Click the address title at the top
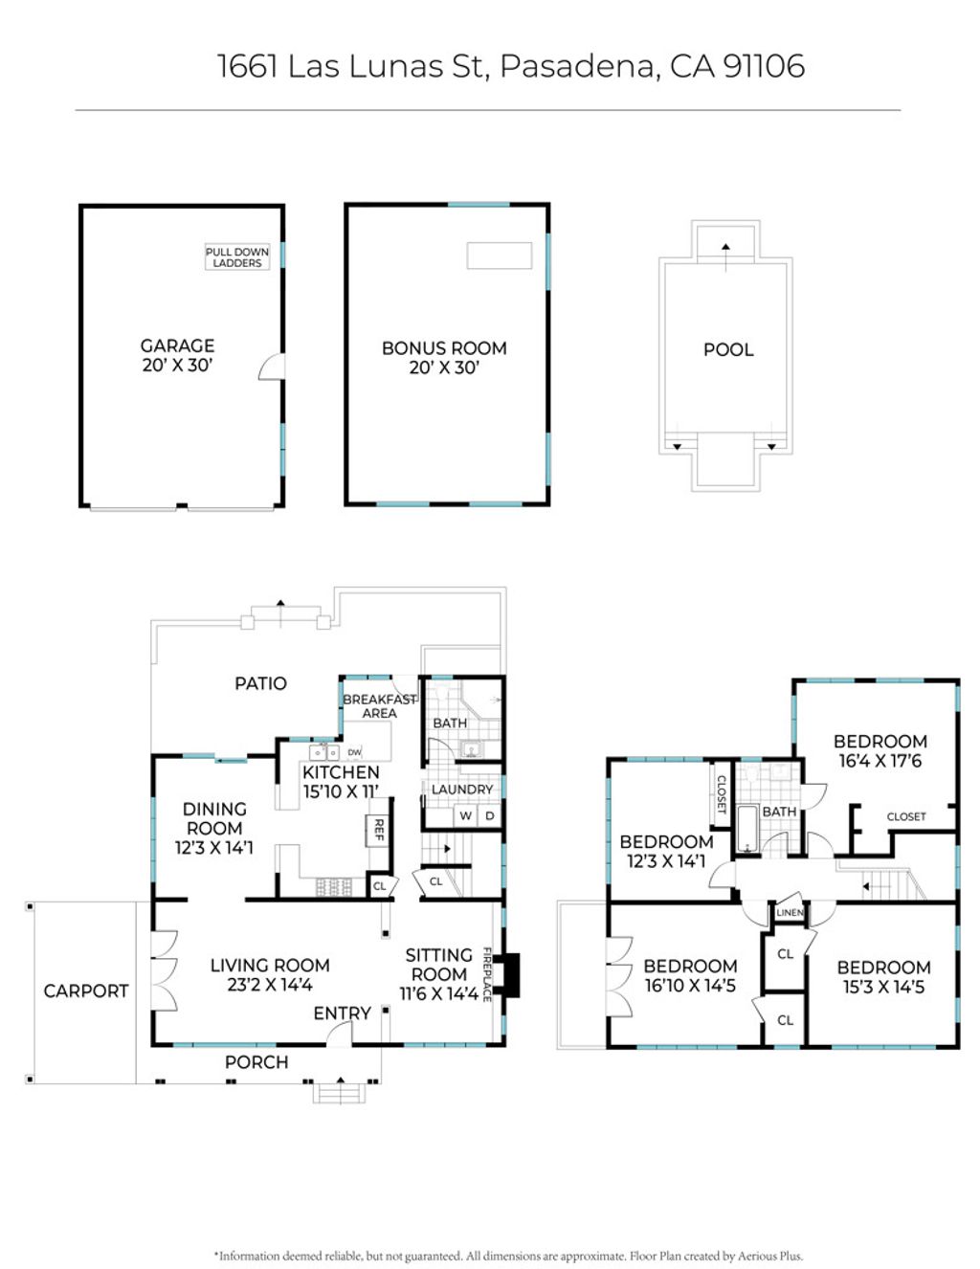pos(510,66)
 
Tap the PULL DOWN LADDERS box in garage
pos(237,257)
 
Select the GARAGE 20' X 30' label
pos(177,355)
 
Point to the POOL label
pos(728,350)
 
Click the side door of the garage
pos(273,367)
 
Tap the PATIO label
pos(260,683)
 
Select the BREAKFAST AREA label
pos(379,706)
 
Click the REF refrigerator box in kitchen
pos(378,831)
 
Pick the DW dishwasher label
pos(354,753)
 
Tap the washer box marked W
pos(465,816)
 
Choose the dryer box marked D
pos(489,816)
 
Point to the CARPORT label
pos(86,991)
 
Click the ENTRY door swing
pos(339,1034)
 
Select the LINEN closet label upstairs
pos(790,913)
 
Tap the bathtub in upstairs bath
pos(747,829)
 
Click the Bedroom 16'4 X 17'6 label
pos(880,751)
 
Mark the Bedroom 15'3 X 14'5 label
pos(883,977)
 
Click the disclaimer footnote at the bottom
pos(508,1256)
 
